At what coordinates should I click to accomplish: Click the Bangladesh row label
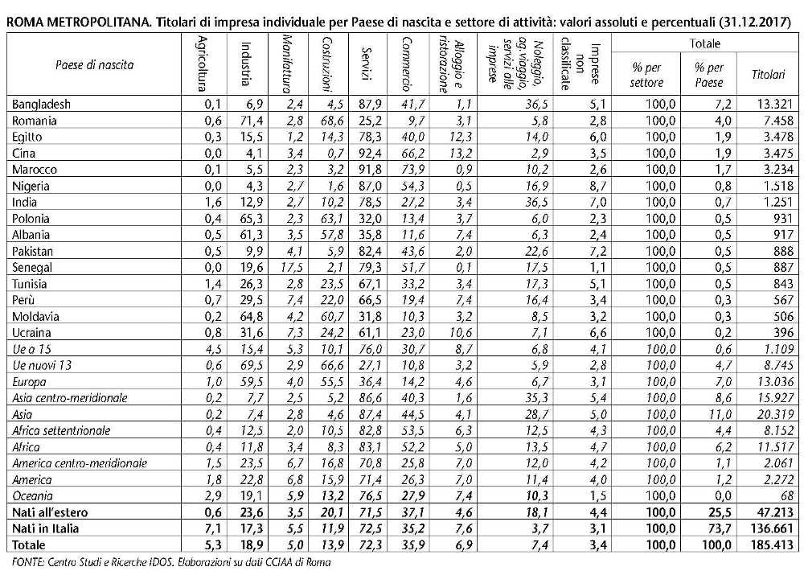pyautogui.click(x=41, y=104)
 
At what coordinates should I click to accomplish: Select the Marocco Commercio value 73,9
pyautogui.click(x=412, y=170)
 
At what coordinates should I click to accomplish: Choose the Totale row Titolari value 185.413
pyautogui.click(x=771, y=544)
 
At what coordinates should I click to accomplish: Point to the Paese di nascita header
pyautogui.click(x=95, y=65)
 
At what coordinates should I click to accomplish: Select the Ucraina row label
pyautogui.click(x=31, y=332)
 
